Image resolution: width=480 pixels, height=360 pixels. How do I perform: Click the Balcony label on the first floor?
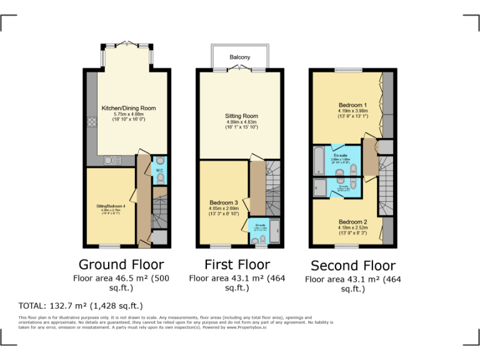coord(239,57)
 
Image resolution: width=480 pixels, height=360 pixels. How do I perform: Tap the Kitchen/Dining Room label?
coord(128,108)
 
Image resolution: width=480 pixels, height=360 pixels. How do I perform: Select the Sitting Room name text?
coord(241,116)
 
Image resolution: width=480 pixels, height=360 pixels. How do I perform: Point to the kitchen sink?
coord(113,161)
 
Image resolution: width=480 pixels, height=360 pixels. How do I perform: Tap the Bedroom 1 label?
coord(352,105)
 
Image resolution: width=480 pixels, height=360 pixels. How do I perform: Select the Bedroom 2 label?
coord(352,222)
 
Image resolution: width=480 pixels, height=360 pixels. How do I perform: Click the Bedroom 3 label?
coord(224,203)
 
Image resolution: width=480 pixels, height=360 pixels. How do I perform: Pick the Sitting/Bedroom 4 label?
coord(110,206)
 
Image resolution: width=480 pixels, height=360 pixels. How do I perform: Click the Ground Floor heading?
coord(121,264)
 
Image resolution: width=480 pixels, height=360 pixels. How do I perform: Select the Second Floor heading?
coord(352,266)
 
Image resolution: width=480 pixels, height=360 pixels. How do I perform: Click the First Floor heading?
coord(237,264)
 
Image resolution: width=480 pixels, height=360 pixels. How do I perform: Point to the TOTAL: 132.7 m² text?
coord(81,306)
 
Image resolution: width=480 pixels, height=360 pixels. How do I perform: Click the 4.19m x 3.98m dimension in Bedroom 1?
coord(352,111)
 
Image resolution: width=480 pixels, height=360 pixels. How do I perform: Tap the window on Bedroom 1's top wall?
coord(344,69)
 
